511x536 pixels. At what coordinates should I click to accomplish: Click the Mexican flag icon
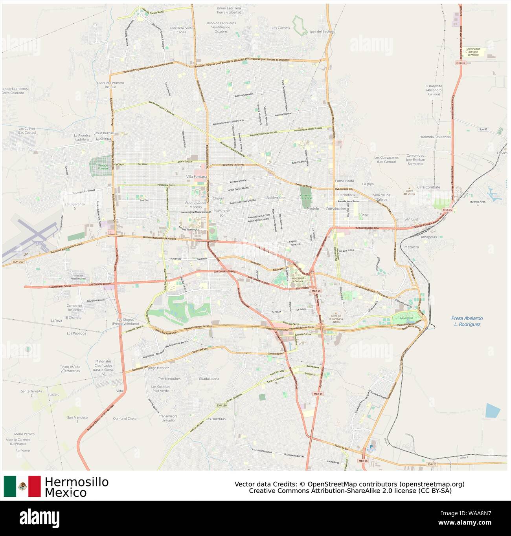[x=22, y=486]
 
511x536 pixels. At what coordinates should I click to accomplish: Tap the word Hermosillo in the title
[x=77, y=482]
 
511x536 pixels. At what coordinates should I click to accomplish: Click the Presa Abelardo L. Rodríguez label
[x=467, y=321]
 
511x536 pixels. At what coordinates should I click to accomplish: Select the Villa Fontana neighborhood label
[x=197, y=177]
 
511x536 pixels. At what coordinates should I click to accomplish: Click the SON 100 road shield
[x=18, y=262]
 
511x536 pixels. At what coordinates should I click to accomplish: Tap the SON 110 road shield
[x=222, y=405]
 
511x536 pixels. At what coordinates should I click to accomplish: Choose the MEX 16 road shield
[x=363, y=461]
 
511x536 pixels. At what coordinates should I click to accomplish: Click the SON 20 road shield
[x=432, y=465]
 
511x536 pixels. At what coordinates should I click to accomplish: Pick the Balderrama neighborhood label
[x=276, y=198]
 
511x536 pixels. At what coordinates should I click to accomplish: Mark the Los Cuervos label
[x=281, y=28]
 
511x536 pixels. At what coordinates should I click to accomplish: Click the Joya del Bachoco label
[x=322, y=32]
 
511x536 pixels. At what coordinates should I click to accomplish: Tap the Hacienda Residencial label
[x=435, y=137]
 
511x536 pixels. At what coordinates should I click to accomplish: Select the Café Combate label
[x=428, y=187]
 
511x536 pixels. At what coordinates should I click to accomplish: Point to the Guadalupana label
[x=209, y=379]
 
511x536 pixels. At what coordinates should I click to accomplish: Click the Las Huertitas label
[x=216, y=419]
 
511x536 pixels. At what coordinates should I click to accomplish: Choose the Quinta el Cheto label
[x=125, y=419]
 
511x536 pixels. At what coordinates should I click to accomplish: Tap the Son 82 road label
[x=483, y=129]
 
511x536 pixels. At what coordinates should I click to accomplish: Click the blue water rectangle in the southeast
[x=493, y=410]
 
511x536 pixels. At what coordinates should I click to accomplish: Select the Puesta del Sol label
[x=222, y=213]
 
